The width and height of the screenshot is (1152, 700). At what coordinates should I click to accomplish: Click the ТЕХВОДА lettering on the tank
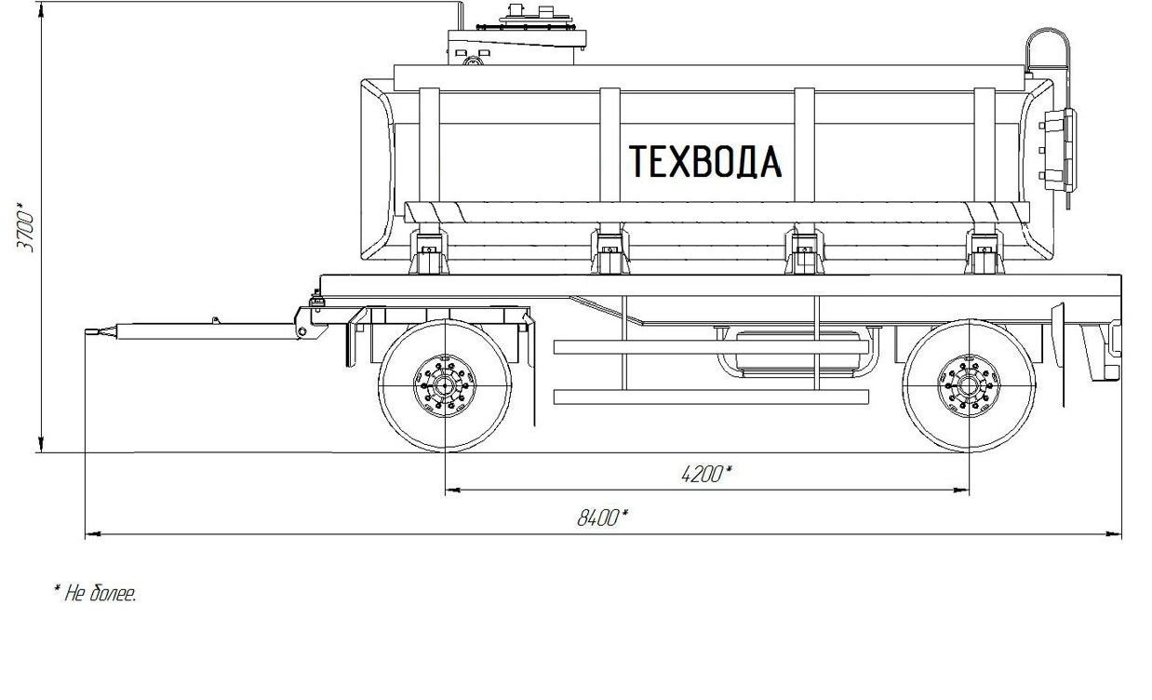click(x=705, y=161)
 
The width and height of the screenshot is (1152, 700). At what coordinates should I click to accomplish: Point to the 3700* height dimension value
click(x=25, y=227)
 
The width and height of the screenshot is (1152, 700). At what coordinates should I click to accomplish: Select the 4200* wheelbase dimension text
click(x=705, y=474)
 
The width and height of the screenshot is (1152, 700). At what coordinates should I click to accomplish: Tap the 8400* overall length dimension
click(x=602, y=518)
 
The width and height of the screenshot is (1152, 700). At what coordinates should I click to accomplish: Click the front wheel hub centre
click(x=445, y=385)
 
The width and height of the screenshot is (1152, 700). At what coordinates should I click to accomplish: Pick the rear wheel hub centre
click(x=969, y=385)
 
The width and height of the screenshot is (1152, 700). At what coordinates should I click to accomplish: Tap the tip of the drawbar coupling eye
click(x=86, y=332)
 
